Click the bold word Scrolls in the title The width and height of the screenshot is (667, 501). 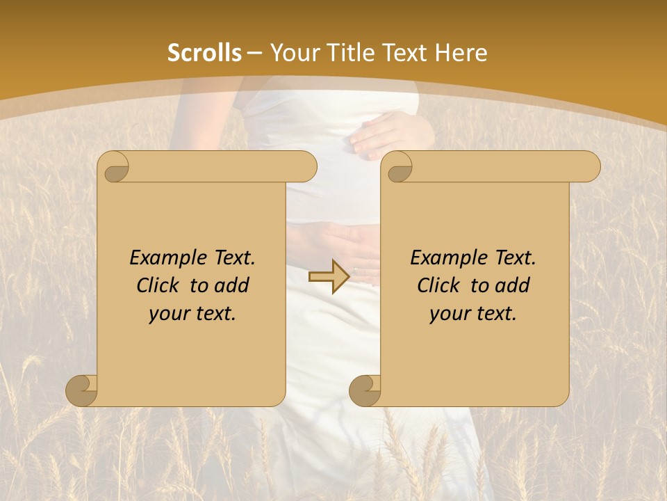205,53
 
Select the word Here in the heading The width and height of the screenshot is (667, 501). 460,53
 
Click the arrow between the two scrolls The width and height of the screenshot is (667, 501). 329,277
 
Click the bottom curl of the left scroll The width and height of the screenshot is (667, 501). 82,390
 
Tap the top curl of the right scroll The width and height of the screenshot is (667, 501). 399,167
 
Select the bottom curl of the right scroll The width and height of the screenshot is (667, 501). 365,390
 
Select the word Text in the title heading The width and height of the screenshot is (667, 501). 405,53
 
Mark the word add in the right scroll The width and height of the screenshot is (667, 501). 513,285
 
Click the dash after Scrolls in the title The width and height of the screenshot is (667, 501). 254,53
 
